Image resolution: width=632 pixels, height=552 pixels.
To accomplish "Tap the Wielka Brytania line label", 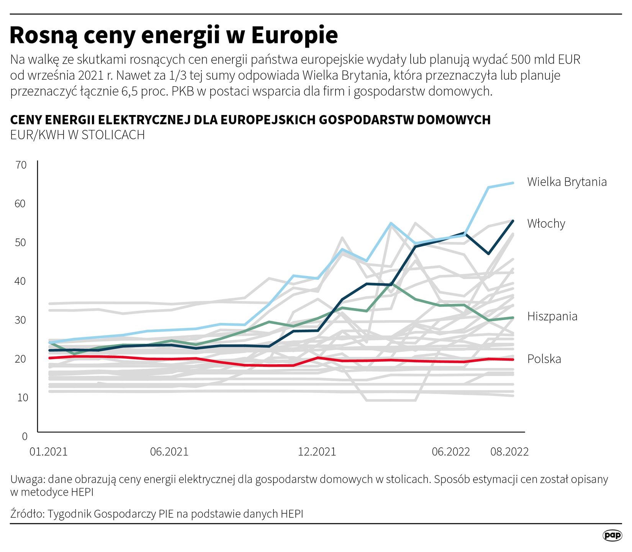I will pyautogui.click(x=567, y=182).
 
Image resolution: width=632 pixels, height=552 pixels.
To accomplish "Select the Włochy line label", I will pyautogui.click(x=546, y=223).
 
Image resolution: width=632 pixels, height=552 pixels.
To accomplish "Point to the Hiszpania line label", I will pyautogui.click(x=552, y=316).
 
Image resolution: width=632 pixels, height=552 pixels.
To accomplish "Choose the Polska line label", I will pyautogui.click(x=544, y=359).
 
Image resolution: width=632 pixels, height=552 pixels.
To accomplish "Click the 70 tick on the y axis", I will pyautogui.click(x=21, y=165).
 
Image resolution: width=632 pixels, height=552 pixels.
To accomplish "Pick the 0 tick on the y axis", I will pyautogui.click(x=25, y=436).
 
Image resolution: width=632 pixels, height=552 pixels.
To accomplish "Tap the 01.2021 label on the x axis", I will pyautogui.click(x=49, y=452).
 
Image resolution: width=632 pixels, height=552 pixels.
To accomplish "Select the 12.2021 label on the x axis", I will pyautogui.click(x=317, y=452).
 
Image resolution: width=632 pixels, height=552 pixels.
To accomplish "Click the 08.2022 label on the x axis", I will pyautogui.click(x=509, y=452).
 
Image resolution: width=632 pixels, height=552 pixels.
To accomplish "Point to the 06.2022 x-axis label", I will pyautogui.click(x=451, y=452).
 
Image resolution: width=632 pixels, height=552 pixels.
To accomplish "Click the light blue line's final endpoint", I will pyautogui.click(x=513, y=183).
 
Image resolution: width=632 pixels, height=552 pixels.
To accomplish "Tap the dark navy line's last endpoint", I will pyautogui.click(x=513, y=221).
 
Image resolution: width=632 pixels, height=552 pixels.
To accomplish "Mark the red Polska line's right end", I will pyautogui.click(x=513, y=360).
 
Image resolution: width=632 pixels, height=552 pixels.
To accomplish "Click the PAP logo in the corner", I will pyautogui.click(x=612, y=536).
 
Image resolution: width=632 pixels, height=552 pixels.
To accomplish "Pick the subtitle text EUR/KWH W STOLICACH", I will pyautogui.click(x=77, y=135).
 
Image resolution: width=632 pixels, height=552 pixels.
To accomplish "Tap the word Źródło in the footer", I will pyautogui.click(x=27, y=514).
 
